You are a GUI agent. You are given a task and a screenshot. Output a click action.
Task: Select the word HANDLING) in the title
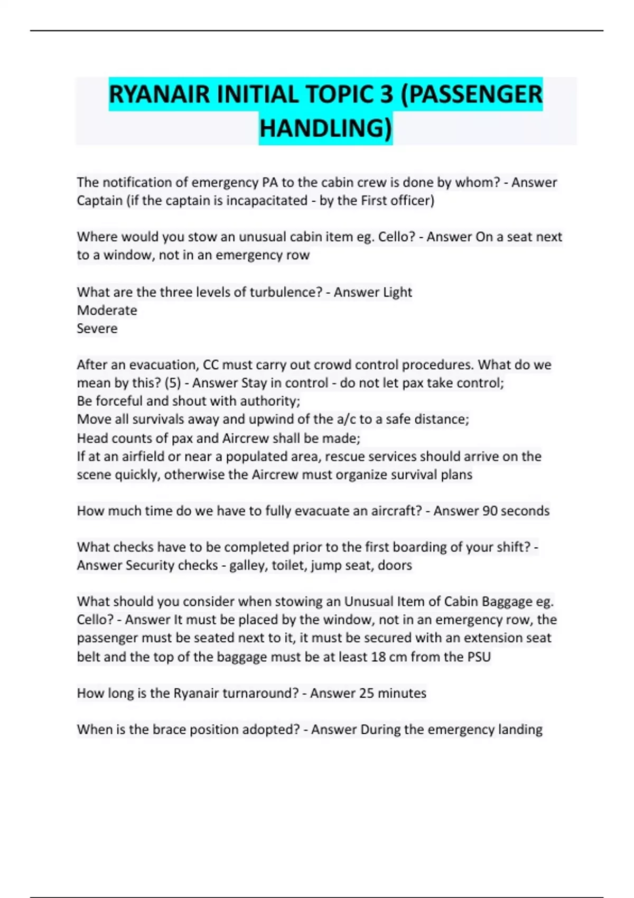(326, 128)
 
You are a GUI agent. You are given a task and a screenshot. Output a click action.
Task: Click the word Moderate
(107, 310)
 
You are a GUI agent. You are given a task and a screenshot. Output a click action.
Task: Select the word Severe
(97, 329)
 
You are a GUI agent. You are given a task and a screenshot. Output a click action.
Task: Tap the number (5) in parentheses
(172, 383)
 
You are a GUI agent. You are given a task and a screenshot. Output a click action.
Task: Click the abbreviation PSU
(479, 657)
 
